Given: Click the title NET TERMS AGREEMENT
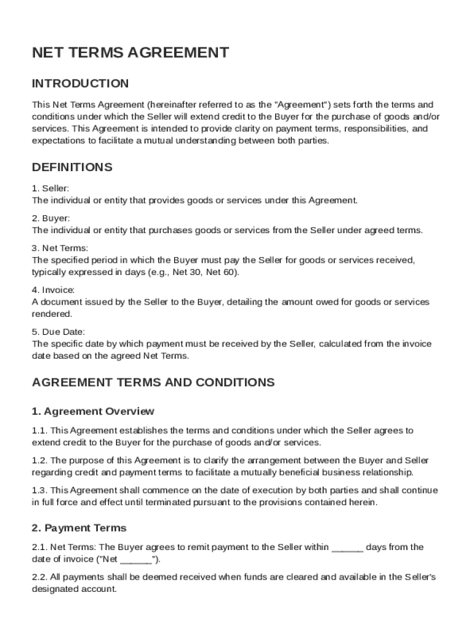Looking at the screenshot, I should tap(131, 53).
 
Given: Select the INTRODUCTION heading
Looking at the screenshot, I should tap(80, 84).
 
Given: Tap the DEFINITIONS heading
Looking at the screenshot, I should tap(72, 167).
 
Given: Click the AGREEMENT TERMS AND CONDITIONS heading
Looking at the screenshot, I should tap(153, 382).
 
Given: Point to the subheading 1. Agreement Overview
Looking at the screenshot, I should tap(93, 411).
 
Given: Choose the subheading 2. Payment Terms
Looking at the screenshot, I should tap(79, 528).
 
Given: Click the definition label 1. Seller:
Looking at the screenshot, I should tap(50, 188).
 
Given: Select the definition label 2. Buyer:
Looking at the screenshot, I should tap(51, 218).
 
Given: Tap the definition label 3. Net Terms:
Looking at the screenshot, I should tap(60, 248).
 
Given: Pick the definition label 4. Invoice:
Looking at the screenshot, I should tap(53, 290).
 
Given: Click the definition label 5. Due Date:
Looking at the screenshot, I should tap(58, 332).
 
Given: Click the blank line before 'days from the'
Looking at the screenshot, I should tap(347, 548).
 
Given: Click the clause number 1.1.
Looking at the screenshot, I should tap(39, 431).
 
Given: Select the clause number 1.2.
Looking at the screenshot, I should tap(39, 461).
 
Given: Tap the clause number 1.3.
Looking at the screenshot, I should tap(39, 490).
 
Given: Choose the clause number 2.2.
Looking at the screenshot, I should tap(39, 577).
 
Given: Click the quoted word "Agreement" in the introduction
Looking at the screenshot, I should tap(302, 105).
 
